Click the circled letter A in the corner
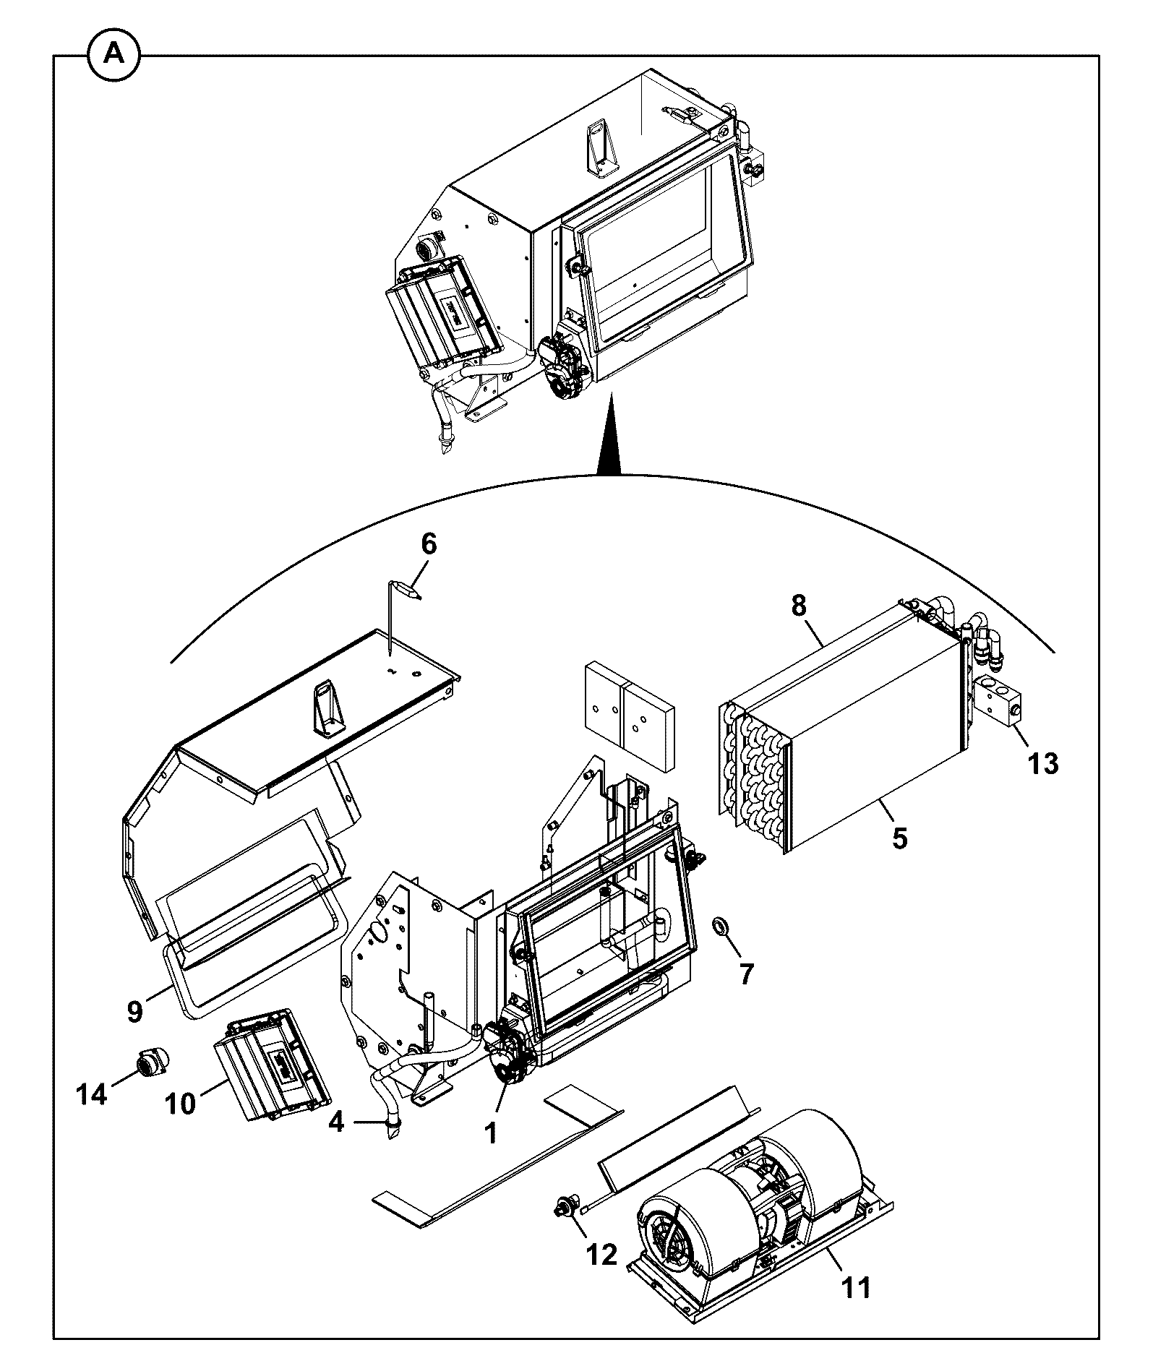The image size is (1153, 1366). pyautogui.click(x=114, y=55)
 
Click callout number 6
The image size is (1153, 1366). pyautogui.click(x=429, y=544)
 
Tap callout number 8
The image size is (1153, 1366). pyautogui.click(x=798, y=606)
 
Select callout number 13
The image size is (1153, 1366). pyautogui.click(x=1043, y=763)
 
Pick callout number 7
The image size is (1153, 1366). pyautogui.click(x=746, y=974)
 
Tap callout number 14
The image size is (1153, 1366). pyautogui.click(x=92, y=1114)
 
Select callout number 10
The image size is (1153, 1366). pyautogui.click(x=180, y=1125)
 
